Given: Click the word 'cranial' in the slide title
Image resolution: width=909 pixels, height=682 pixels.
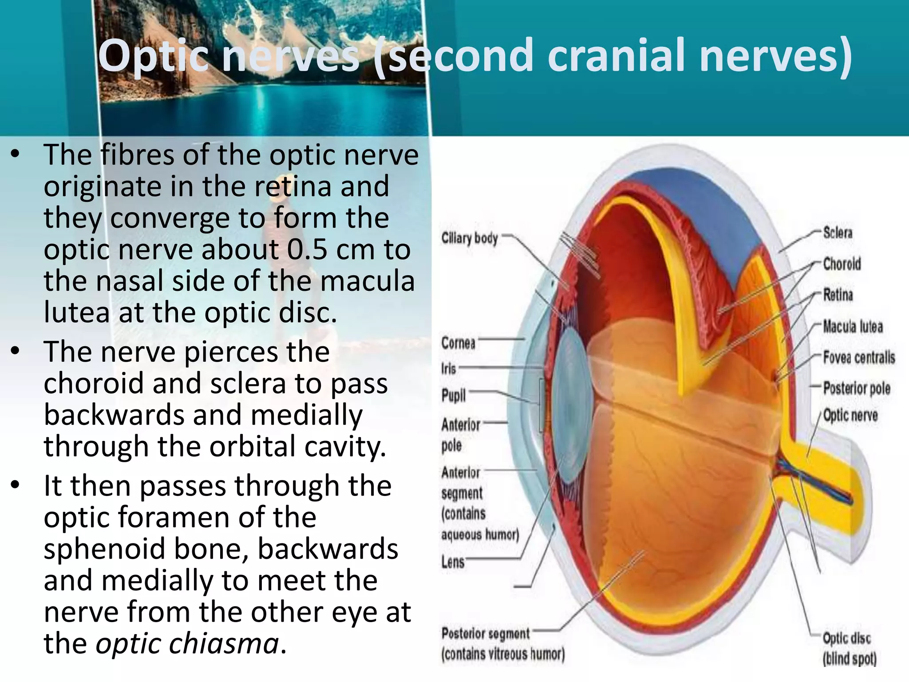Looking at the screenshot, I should (x=617, y=56).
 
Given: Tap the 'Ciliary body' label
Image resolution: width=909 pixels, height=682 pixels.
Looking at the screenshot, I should (x=469, y=238).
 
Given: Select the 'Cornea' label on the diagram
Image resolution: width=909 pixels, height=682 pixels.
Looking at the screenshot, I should (x=458, y=343).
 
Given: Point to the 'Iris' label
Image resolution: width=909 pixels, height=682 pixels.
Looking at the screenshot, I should (x=448, y=369).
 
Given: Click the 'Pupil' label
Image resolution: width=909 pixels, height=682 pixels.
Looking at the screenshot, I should (x=453, y=395).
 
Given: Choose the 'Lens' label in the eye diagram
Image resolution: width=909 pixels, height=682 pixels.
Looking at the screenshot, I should (x=453, y=562).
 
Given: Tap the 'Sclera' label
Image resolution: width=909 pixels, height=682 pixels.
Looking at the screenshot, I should (x=838, y=233).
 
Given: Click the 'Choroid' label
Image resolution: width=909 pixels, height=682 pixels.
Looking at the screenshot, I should (x=842, y=264).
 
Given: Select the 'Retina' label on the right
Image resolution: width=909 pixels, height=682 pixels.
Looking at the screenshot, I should (x=838, y=295).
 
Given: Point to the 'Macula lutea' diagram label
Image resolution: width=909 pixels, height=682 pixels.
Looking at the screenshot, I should (x=853, y=327).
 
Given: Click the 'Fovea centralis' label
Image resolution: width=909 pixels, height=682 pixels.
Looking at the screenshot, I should (x=859, y=357).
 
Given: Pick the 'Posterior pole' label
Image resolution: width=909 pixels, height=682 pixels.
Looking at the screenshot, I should (x=857, y=389).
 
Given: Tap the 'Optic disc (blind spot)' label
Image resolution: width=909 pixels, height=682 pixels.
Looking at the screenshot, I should (x=849, y=648).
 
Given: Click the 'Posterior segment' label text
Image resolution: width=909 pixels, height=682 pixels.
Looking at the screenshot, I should (x=485, y=634).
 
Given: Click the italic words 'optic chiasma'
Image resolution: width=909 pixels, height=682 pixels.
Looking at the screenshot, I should (x=187, y=643).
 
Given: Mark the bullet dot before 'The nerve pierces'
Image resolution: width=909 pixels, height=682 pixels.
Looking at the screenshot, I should (x=16, y=351).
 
